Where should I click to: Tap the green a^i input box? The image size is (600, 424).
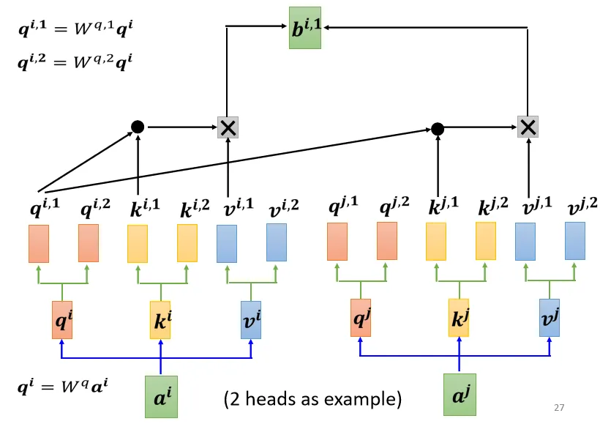coord(161,396)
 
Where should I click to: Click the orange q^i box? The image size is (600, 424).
coord(62,319)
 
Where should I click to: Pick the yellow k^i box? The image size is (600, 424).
coord(160,319)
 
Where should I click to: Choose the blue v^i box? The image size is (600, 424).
coord(251,319)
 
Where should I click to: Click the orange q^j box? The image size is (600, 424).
coord(361,318)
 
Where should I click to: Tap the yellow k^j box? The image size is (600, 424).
coord(459,318)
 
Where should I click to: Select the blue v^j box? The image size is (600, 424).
coord(549,317)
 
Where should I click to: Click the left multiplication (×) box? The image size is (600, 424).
coord(228,127)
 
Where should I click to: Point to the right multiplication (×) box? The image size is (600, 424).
coord(528,127)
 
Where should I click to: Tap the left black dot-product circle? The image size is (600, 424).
coord(138,127)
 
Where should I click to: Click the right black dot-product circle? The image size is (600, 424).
coord(438,129)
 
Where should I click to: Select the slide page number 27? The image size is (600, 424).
coord(560,408)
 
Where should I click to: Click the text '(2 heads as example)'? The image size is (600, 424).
coord(312,399)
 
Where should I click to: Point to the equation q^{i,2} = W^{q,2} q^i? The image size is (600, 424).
coord(75,61)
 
